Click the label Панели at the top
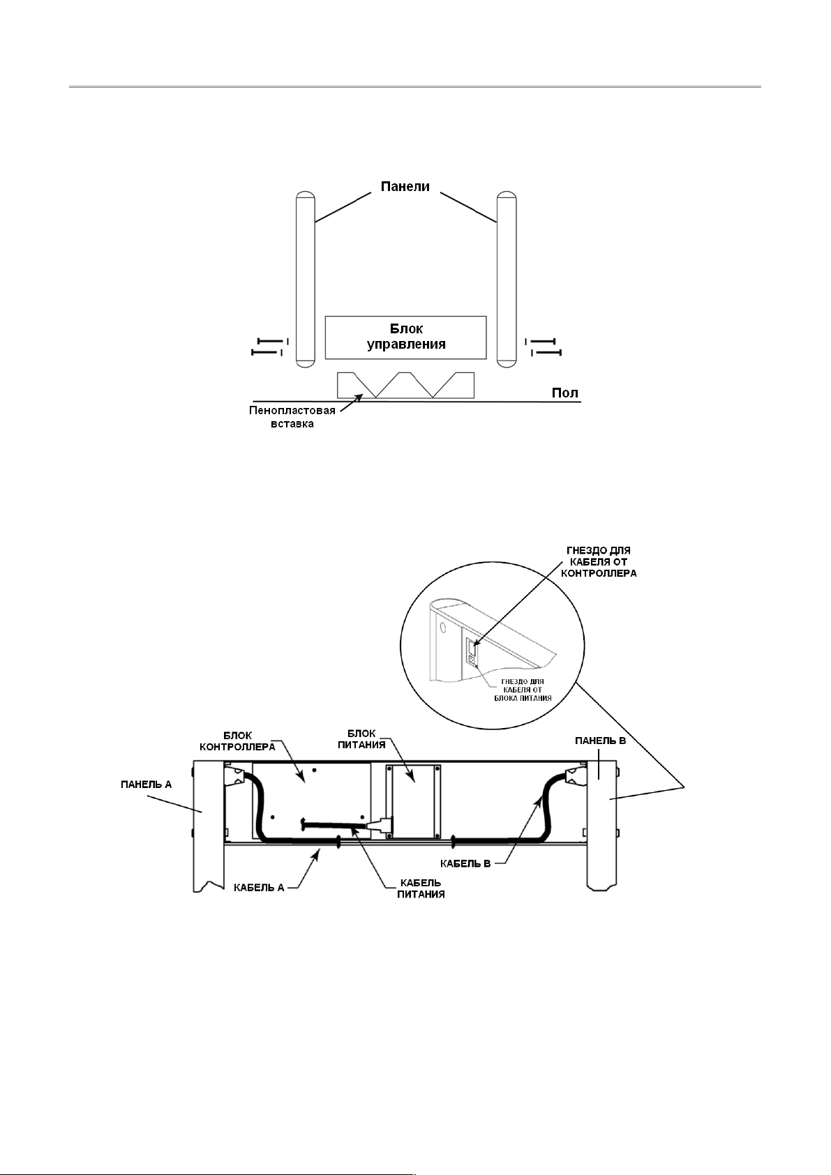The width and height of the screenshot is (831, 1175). (x=405, y=187)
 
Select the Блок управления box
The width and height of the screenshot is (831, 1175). (x=405, y=337)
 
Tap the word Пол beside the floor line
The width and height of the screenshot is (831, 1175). (x=564, y=393)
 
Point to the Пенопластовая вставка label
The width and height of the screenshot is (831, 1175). (x=292, y=417)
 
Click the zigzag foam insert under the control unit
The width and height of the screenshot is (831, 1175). (x=405, y=385)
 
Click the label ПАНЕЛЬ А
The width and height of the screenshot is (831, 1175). (x=143, y=784)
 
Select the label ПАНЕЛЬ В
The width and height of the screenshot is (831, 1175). (x=600, y=740)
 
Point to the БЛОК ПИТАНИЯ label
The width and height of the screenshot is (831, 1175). (x=366, y=739)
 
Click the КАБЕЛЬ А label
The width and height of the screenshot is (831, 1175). (x=258, y=887)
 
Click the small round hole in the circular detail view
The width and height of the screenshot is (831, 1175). (x=442, y=627)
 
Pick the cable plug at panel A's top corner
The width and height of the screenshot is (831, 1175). (x=235, y=775)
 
